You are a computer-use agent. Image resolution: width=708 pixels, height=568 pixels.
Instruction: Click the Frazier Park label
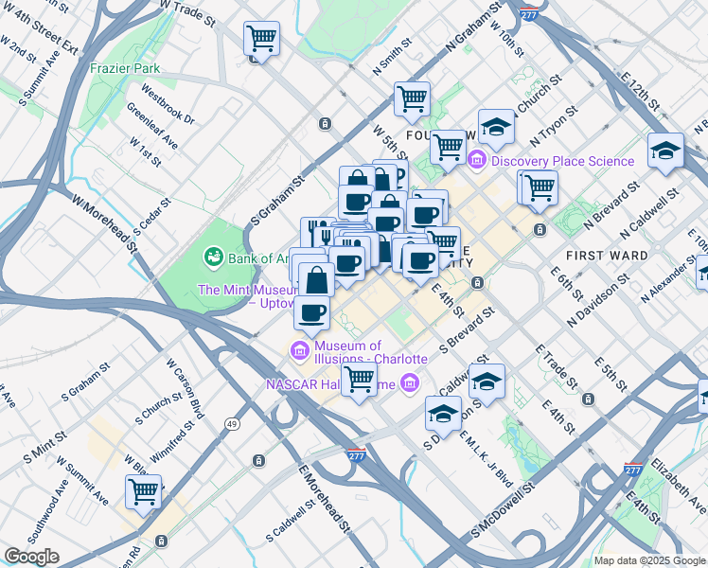pyautogui.click(x=125, y=68)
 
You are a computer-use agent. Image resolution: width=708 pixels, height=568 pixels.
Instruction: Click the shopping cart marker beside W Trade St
pyautogui.click(x=261, y=39)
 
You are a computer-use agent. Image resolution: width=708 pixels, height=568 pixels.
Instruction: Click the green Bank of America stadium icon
pyautogui.click(x=213, y=257)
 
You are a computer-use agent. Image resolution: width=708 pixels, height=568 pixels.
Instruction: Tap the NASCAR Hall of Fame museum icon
pyautogui.click(x=409, y=382)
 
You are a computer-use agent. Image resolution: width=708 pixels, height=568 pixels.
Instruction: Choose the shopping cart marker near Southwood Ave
pyautogui.click(x=143, y=490)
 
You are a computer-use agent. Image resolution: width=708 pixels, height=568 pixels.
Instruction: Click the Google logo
pyautogui.click(x=31, y=557)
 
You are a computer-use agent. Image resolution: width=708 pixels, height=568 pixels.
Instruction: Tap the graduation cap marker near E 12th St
pyautogui.click(x=665, y=150)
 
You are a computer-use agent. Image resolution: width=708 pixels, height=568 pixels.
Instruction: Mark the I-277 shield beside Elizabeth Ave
pyautogui.click(x=633, y=470)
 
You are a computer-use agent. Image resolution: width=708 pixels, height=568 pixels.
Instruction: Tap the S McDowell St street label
pyautogui.click(x=494, y=519)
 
